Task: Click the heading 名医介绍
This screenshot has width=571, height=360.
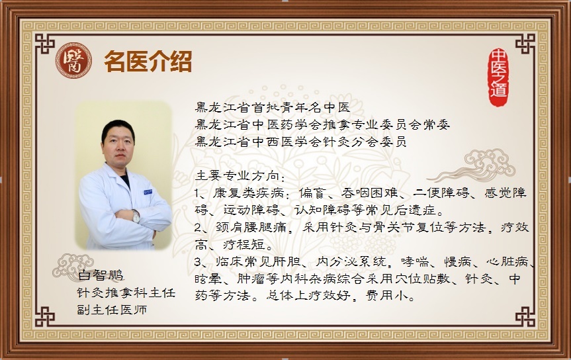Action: (x=148, y=62)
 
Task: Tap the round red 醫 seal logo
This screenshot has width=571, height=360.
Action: (x=73, y=60)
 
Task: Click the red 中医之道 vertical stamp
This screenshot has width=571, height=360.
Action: (x=498, y=77)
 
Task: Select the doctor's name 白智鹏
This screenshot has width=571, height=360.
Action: (x=101, y=275)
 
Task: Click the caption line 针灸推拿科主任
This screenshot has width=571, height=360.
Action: (x=126, y=292)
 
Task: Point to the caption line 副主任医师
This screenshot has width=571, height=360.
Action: (x=112, y=309)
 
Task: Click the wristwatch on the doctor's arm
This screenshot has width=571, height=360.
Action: (x=136, y=216)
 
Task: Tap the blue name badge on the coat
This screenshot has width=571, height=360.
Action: (x=148, y=192)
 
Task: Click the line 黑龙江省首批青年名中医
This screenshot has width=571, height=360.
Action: (x=273, y=107)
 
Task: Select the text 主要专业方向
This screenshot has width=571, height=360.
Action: (x=237, y=176)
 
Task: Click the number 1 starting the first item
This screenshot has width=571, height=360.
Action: (x=197, y=193)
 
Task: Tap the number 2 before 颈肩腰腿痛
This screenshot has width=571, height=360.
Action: (x=198, y=228)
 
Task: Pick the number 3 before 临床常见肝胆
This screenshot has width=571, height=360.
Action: (x=198, y=261)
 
